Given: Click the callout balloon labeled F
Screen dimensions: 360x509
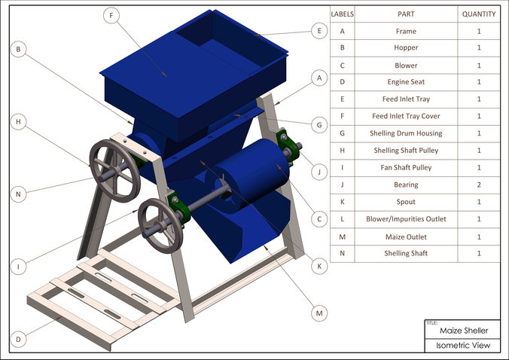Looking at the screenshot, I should click(x=112, y=15).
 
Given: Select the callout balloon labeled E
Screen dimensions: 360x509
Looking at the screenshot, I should click(x=319, y=31).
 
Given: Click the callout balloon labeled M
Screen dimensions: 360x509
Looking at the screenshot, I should click(x=319, y=312).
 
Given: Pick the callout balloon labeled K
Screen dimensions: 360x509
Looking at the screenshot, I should click(x=319, y=266).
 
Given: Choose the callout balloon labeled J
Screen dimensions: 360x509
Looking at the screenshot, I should click(x=319, y=172).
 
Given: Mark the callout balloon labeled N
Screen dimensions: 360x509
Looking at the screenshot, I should click(x=20, y=194).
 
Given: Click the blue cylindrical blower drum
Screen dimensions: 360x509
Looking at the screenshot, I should click(x=252, y=172).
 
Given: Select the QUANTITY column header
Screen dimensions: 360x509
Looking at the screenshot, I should click(x=478, y=14).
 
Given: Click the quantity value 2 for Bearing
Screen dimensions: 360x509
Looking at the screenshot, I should click(x=478, y=185).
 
